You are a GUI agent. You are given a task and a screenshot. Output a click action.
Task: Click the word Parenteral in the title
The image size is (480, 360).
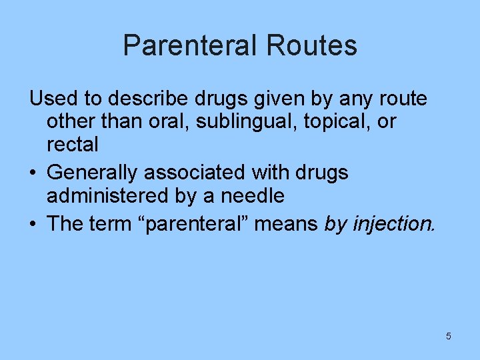(x=189, y=46)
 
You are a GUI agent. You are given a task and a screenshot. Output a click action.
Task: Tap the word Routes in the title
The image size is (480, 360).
(x=311, y=46)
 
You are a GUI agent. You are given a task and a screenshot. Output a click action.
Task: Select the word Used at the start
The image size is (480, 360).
(x=53, y=99)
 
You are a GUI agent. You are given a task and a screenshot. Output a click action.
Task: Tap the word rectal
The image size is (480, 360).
(x=73, y=144)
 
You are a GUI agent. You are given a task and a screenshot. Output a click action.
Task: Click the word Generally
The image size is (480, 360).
(x=93, y=173)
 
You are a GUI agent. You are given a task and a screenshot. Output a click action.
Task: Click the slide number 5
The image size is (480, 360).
(x=449, y=336)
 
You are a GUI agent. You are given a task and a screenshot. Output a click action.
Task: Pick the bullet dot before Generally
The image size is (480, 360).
(x=33, y=173)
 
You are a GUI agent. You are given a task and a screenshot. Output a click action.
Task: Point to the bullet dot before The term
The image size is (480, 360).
(x=33, y=225)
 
